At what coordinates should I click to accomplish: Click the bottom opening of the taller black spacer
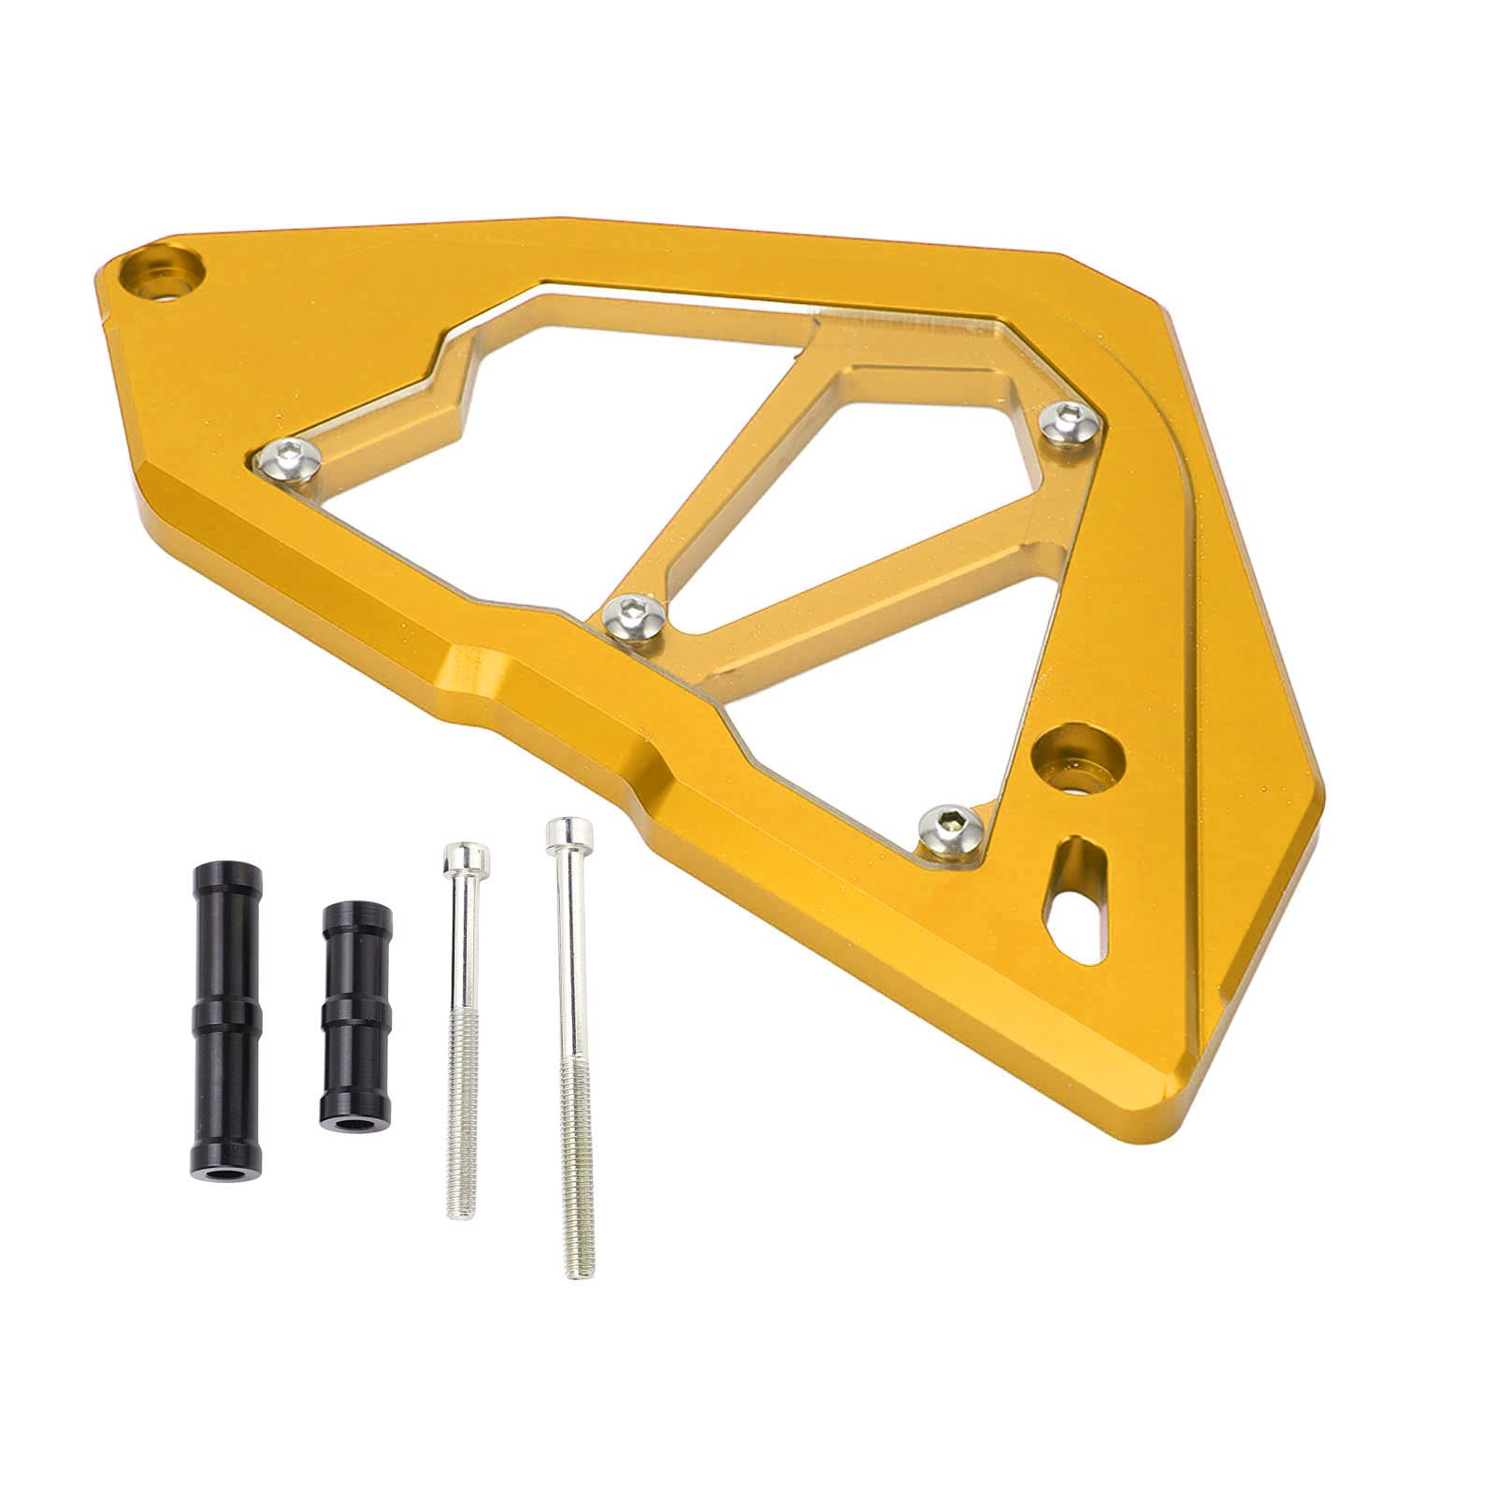pos(227,1117)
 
